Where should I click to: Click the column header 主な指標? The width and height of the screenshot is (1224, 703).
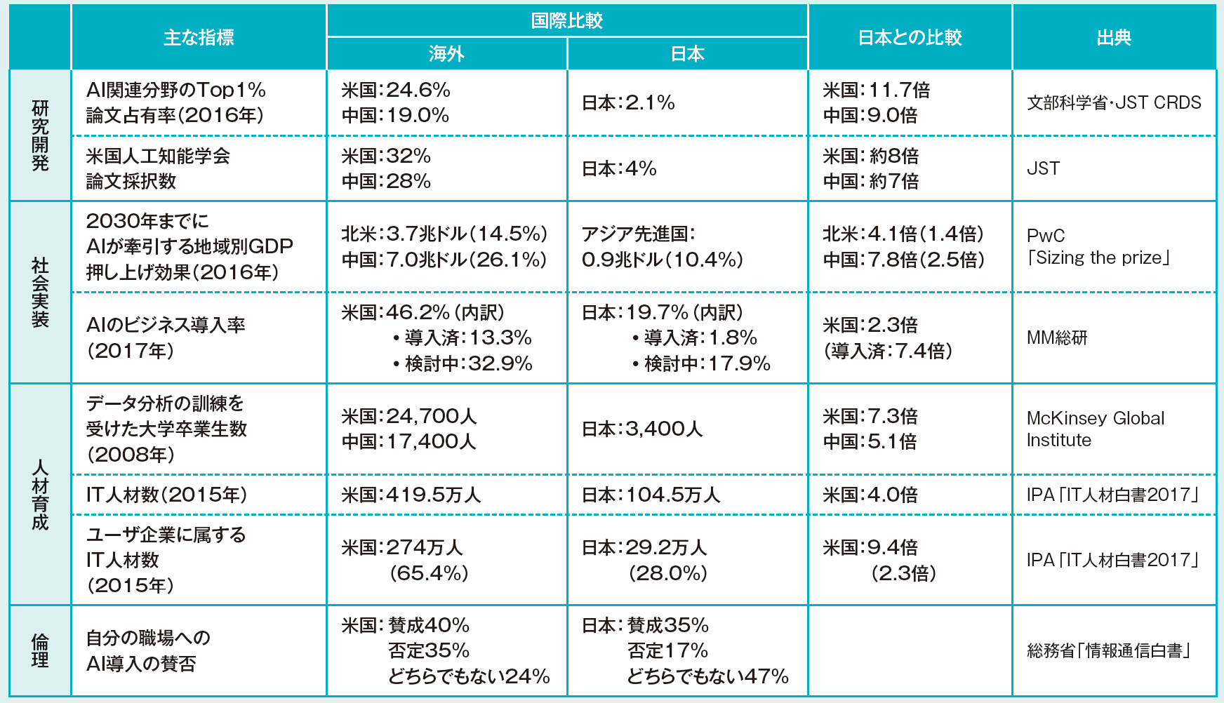tap(199, 37)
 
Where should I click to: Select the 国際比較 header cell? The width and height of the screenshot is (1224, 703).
tap(566, 20)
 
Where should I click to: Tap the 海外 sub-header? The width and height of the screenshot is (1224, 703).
tap(446, 53)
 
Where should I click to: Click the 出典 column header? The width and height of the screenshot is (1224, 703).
tap(1114, 37)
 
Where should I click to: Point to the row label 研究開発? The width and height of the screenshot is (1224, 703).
tap(40, 135)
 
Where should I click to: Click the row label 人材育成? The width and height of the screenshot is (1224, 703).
tap(40, 495)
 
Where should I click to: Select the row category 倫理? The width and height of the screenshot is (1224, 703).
tap(40, 650)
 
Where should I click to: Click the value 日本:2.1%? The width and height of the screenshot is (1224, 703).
tap(628, 102)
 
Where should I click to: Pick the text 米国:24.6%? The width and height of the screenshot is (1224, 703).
tap(396, 90)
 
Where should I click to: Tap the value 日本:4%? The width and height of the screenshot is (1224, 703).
tap(619, 168)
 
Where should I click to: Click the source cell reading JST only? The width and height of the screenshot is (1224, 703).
tap(1043, 168)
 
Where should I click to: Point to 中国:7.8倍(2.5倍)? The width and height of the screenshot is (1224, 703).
tap(903, 260)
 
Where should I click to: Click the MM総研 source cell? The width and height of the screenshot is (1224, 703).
tap(1057, 337)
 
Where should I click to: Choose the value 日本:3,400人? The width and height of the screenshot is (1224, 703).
tap(642, 429)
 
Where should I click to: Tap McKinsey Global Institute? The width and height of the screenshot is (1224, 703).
tap(1095, 429)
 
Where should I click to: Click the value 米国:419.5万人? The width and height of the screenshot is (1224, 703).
tap(411, 495)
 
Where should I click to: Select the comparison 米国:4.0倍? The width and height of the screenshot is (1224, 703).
tap(870, 495)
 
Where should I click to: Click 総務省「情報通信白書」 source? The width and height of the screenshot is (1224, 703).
tap(1109, 650)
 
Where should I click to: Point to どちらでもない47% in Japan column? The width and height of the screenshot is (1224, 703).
tap(707, 676)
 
